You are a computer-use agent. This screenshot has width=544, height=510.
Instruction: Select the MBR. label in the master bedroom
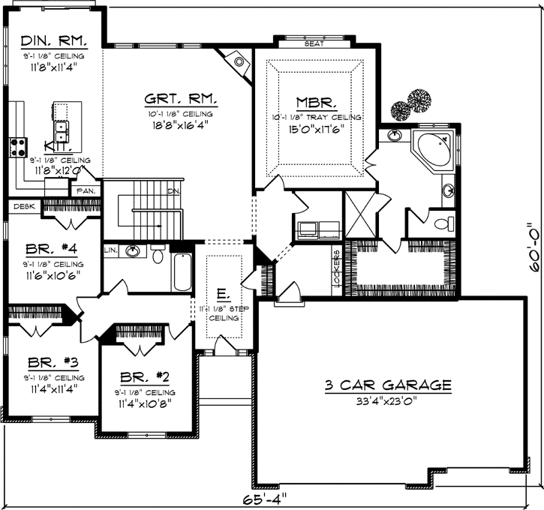pos(316,103)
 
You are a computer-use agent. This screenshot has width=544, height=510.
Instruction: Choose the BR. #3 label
pos(45,361)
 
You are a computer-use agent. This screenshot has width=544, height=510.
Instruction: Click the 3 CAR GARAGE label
pos(388,385)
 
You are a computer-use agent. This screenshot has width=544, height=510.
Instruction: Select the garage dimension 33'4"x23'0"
pos(388,400)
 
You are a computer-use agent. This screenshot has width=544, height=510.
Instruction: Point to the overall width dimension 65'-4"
pos(264,498)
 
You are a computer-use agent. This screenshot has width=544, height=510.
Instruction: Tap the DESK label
pos(24,205)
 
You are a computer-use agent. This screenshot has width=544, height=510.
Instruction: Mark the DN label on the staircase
pos(174,191)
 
